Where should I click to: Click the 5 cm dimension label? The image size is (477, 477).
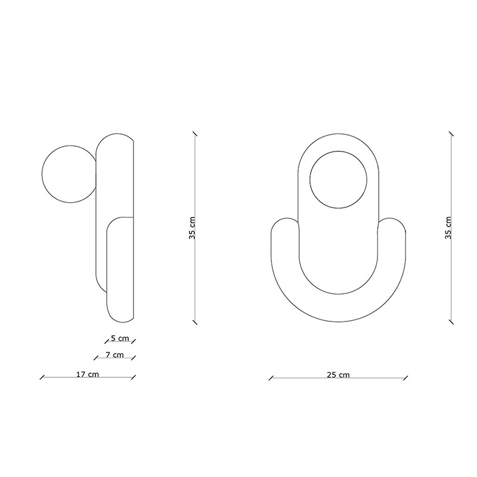pos(120,338)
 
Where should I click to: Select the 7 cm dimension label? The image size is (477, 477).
pos(114,355)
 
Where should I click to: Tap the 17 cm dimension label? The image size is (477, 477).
pos(88,374)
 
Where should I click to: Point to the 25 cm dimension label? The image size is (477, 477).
pos(338,375)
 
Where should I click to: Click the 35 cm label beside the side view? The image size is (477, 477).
pos(192,228)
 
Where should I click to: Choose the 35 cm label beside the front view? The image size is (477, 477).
pos(448,228)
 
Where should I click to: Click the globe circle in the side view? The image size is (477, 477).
pos(42,174)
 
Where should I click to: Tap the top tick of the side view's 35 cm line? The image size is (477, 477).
pos(195,134)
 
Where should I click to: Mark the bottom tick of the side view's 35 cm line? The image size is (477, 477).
pos(195,322)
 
